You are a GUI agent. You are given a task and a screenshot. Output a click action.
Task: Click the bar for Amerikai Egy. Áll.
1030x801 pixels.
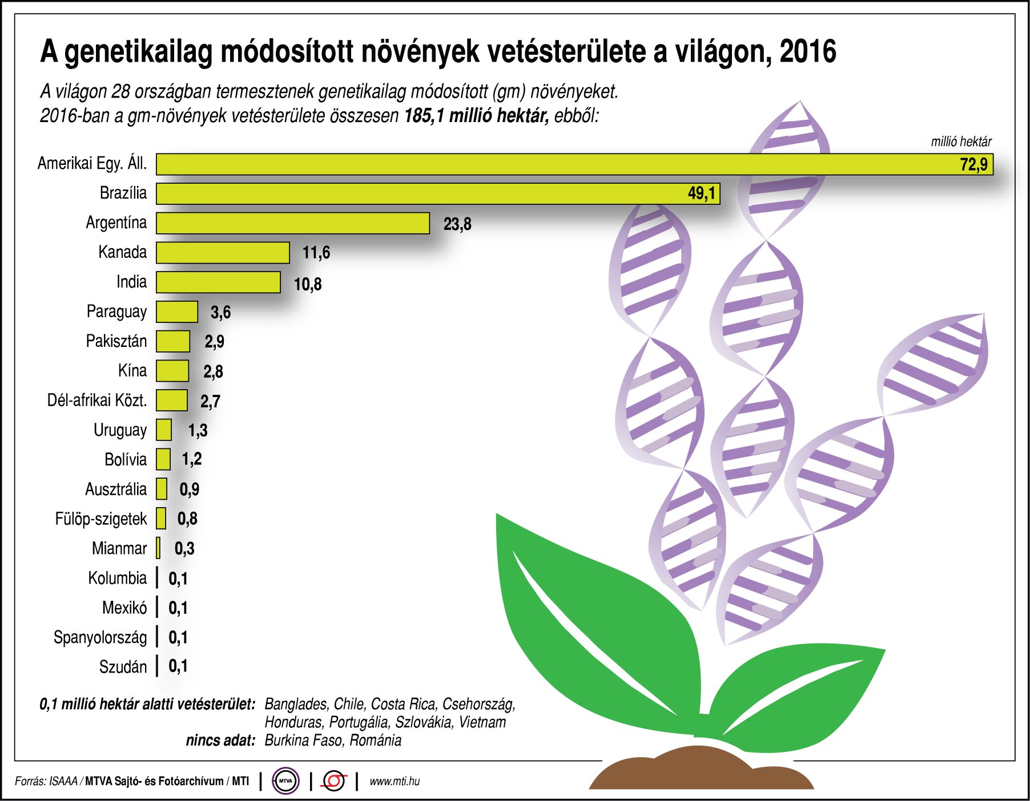coord(571,164)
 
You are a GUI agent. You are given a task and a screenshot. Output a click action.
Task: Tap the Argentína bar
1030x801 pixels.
coord(292,223)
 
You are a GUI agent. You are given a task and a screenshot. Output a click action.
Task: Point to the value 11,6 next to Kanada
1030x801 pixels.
coord(316,253)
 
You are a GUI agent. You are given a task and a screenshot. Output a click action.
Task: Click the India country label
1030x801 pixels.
coord(131,282)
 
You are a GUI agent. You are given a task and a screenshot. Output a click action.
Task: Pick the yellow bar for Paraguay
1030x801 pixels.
coord(176,312)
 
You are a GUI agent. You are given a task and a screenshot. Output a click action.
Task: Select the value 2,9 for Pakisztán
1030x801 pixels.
coord(214,342)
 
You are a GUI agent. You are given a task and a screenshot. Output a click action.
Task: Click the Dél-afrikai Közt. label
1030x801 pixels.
coord(96,400)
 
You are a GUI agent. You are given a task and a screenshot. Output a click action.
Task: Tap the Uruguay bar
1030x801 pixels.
coord(163,430)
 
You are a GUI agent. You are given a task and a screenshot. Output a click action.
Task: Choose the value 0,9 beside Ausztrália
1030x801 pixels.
coord(189,489)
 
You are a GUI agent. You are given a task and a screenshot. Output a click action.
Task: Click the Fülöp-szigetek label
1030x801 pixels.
coord(100,519)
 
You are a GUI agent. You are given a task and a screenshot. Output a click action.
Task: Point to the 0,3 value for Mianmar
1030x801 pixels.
coord(184,549)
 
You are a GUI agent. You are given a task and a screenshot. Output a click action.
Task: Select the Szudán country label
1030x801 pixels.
coord(123,667)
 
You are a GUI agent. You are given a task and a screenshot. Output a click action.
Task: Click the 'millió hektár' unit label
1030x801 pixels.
coord(961,141)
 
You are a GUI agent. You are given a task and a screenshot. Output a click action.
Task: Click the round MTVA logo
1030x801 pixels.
coord(285,781)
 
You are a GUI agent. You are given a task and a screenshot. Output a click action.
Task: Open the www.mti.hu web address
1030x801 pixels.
coord(395,782)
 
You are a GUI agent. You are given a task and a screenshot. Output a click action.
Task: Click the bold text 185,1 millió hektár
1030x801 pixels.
coord(476,116)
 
